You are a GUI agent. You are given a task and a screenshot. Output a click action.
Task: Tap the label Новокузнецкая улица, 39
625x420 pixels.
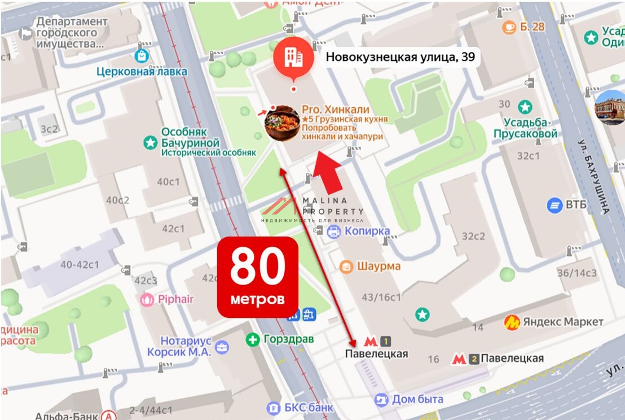400,57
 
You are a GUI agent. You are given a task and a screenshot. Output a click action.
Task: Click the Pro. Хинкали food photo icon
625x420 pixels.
282,123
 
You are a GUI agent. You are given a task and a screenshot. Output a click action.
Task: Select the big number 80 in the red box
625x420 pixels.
258,266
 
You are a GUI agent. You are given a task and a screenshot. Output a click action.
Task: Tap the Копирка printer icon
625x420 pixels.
334,231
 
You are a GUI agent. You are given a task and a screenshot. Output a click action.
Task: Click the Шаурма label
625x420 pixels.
378,266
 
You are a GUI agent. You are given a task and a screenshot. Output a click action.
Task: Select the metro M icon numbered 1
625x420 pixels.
371,342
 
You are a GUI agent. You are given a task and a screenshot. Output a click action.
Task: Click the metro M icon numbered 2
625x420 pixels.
459,358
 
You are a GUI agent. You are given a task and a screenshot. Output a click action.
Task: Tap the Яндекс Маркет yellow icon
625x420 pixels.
512,322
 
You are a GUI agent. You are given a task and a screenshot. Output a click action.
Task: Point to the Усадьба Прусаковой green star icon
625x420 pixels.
525,107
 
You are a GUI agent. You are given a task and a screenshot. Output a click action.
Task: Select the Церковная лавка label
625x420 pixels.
142,72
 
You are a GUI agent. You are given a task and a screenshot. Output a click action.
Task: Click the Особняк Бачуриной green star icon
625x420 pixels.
151,143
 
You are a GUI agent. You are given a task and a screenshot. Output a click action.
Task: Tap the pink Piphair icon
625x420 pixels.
147,299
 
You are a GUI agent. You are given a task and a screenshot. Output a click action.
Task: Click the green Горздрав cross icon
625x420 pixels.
253,339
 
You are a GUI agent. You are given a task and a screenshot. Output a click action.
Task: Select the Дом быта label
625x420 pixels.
417,399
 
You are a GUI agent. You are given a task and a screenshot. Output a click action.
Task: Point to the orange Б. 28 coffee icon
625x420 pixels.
510,27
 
